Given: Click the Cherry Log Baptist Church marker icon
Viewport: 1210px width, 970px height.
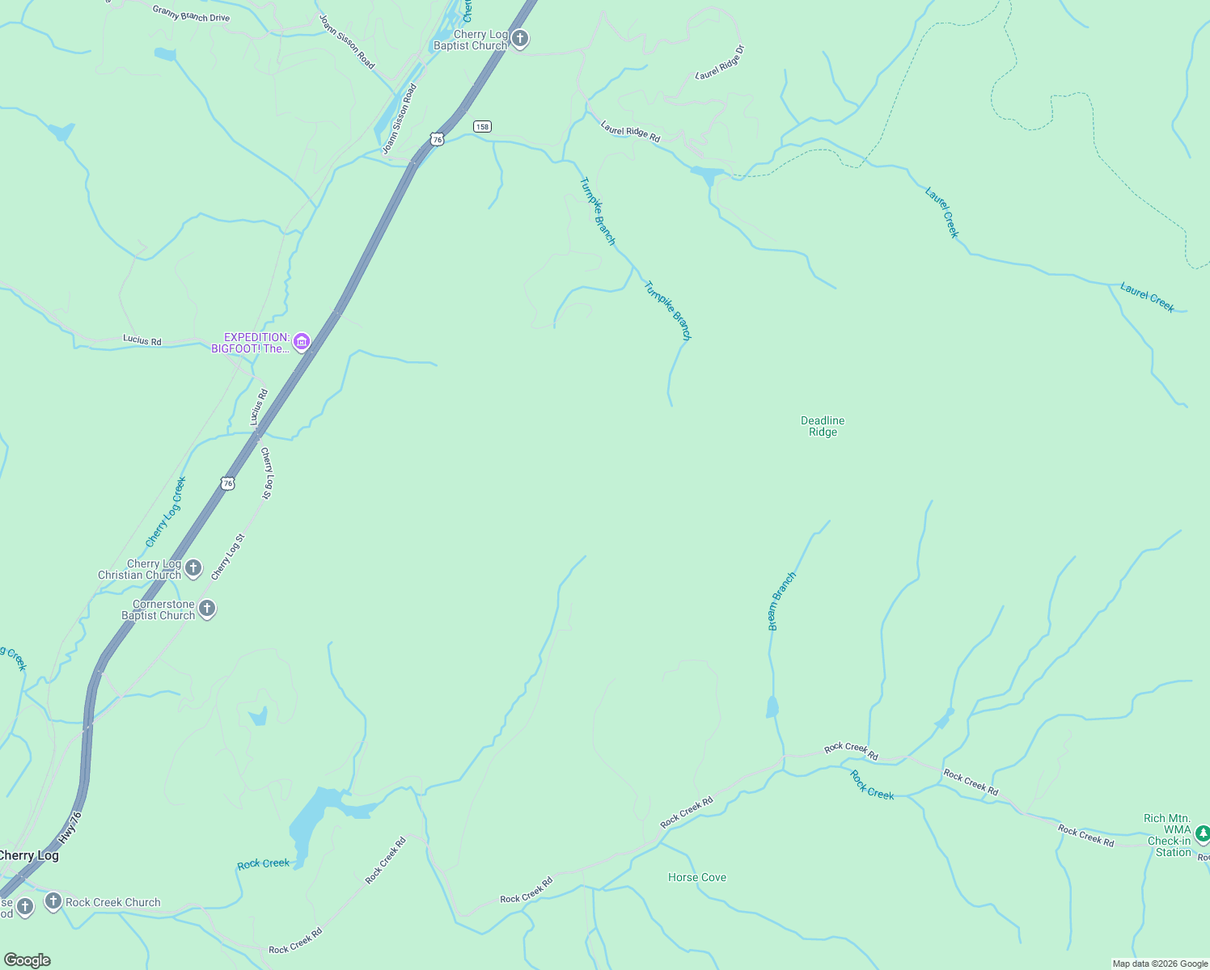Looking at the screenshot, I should [520, 38].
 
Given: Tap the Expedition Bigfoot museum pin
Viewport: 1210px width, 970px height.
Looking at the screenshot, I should [302, 342].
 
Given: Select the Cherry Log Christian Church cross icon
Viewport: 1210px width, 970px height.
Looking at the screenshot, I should [193, 568].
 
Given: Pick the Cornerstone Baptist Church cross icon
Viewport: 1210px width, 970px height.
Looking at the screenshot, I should [207, 609].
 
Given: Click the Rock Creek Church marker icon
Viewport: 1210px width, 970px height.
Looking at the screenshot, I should [53, 901].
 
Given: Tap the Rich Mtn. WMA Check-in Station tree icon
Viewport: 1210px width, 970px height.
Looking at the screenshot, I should [1202, 833].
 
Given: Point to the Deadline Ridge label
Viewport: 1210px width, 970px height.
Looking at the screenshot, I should [823, 426].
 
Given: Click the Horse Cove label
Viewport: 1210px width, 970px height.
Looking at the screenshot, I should [697, 877].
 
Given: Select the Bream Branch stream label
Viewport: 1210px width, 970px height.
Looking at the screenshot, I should [781, 601].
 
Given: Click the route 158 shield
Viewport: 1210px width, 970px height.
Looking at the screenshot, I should [482, 126].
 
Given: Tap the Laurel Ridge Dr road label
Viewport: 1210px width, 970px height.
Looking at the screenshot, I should [720, 63].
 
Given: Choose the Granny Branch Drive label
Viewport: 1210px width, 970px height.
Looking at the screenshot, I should [191, 13].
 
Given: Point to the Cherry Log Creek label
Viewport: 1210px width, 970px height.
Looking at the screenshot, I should [166, 512].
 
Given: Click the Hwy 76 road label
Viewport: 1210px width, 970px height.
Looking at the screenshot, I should [70, 828].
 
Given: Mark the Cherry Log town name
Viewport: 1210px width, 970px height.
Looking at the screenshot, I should [29, 855].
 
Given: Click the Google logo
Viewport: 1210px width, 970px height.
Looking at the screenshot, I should [27, 959].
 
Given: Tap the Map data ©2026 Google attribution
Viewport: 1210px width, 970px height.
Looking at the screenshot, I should [1160, 964].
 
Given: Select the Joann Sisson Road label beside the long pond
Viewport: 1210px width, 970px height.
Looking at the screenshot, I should [400, 119].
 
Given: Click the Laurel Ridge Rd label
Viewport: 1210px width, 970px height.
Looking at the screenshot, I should [630, 132].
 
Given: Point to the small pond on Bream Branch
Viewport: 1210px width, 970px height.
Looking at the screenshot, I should [772, 707].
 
